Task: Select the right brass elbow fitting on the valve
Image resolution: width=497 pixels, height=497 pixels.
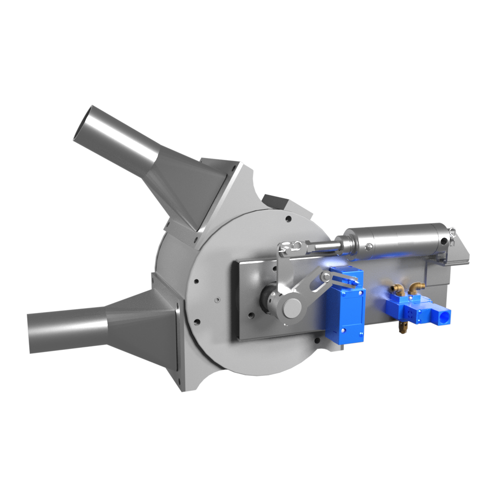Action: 415,287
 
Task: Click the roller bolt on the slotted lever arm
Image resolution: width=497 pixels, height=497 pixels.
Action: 327,278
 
